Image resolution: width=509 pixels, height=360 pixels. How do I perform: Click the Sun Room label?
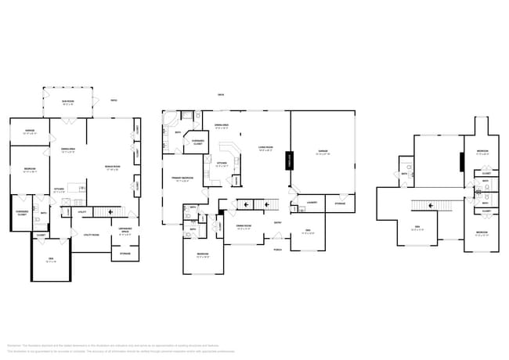coord(69,101)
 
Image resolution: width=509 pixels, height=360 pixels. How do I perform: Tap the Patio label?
coord(114,100)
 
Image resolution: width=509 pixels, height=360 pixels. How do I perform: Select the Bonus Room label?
coord(113,167)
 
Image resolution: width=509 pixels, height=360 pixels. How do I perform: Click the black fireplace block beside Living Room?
coord(289,161)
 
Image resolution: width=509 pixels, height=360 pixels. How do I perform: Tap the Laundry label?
coord(311,203)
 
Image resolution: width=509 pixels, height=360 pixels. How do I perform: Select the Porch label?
coord(277,250)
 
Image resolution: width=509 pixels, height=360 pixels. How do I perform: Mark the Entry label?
coord(278,222)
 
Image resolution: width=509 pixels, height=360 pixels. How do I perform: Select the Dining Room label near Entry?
coord(244,226)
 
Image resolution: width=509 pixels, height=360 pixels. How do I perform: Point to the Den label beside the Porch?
coord(308,231)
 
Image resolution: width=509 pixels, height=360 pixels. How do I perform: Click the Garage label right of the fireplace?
coord(322,152)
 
